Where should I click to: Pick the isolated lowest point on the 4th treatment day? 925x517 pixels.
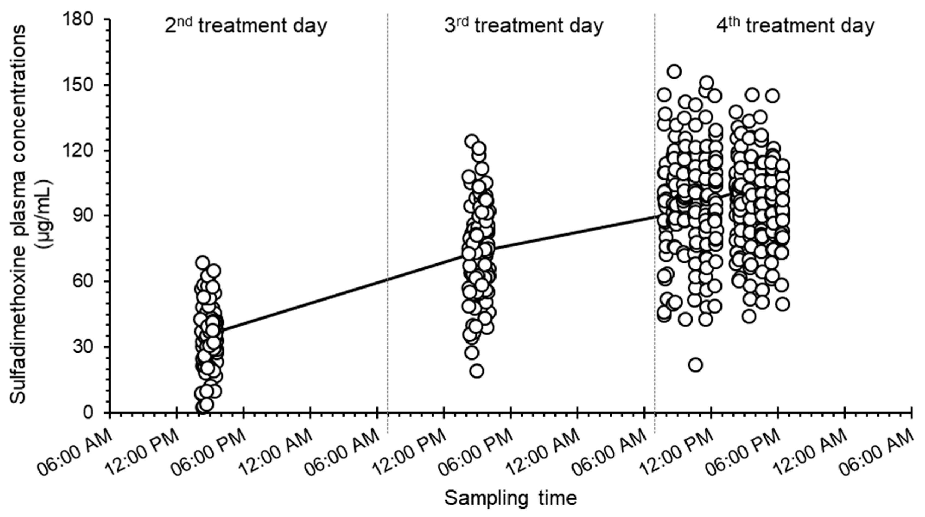696,365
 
